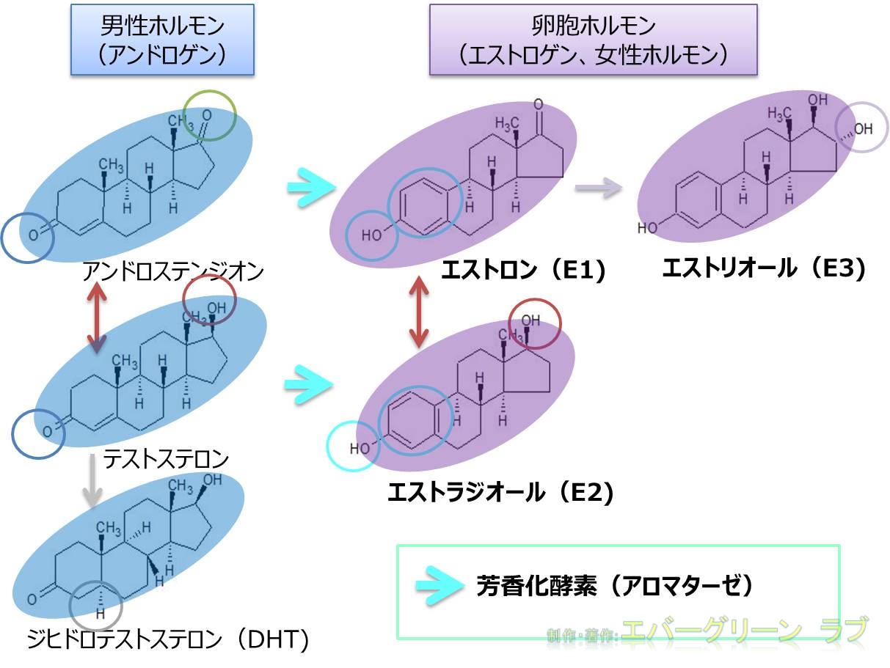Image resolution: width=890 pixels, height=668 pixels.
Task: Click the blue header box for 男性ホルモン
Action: (x=162, y=40)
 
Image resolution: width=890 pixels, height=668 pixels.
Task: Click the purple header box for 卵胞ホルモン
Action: (x=593, y=40)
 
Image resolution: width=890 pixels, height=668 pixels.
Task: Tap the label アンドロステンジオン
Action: (x=173, y=272)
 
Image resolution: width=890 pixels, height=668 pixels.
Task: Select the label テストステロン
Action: (x=166, y=460)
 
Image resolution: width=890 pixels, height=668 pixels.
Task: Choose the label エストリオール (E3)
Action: (x=764, y=268)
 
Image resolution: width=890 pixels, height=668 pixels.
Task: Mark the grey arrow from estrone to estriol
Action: (x=597, y=189)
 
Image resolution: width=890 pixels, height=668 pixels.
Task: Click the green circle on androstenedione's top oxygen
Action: (x=210, y=116)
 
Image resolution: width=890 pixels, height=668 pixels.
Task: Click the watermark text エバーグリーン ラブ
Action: (x=744, y=631)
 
